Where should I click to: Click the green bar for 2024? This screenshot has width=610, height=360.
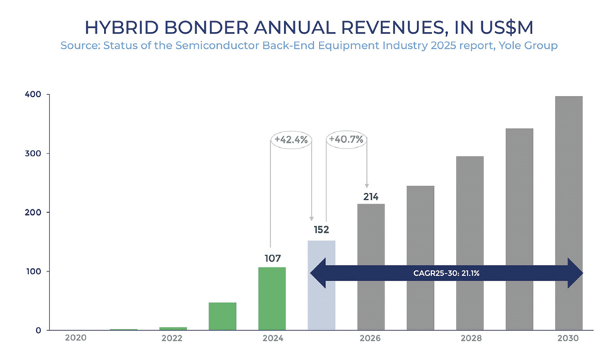pyautogui.click(x=271, y=298)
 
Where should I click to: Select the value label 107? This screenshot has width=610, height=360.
pyautogui.click(x=271, y=257)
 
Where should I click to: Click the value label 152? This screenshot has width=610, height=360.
pyautogui.click(x=322, y=229)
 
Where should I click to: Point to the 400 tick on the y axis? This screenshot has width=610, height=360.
pyautogui.click(x=33, y=94)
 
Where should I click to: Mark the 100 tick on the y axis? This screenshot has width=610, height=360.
pyautogui.click(x=33, y=272)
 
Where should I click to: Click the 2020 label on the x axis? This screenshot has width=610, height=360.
pyautogui.click(x=75, y=339)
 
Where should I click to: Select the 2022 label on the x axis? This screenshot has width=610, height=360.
pyautogui.click(x=172, y=339)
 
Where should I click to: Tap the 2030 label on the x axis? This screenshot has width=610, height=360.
pyautogui.click(x=568, y=339)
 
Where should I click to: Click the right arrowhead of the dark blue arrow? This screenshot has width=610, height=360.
pyautogui.click(x=575, y=273)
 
